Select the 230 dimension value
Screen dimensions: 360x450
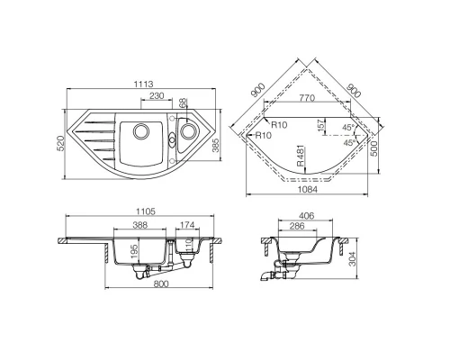tap(157, 96)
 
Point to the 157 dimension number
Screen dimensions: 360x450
tap(322, 128)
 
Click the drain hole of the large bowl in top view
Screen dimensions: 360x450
tap(139, 132)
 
